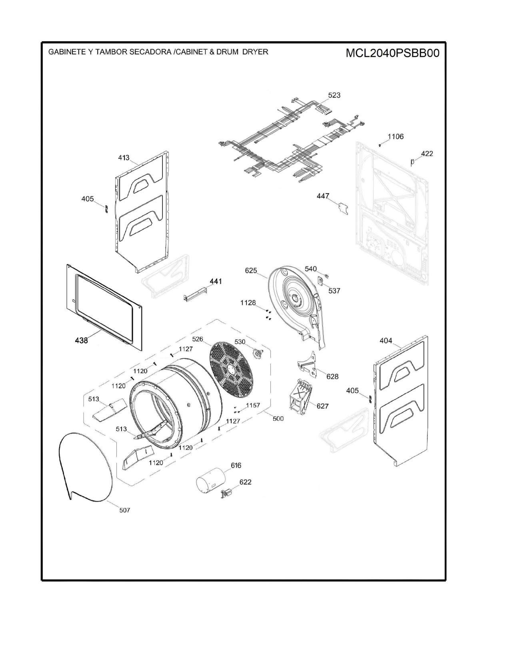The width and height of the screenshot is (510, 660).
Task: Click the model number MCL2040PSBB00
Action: (x=392, y=53)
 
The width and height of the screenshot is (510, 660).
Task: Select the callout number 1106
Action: (x=395, y=137)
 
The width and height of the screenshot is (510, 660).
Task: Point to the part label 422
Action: (x=427, y=154)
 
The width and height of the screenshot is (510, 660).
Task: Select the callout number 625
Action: (x=251, y=270)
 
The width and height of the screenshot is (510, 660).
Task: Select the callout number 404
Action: (x=386, y=341)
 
